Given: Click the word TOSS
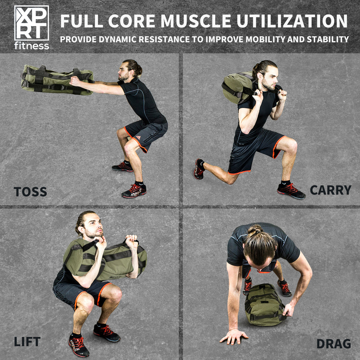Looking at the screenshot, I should (x=30, y=192).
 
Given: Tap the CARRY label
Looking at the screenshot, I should (x=330, y=190).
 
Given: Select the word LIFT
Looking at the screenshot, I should (x=27, y=341).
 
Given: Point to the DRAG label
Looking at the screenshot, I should (x=333, y=344).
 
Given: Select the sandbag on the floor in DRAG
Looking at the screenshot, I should (x=265, y=304).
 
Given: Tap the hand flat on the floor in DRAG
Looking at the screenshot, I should (x=234, y=335).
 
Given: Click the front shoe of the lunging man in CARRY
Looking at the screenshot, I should (x=291, y=190).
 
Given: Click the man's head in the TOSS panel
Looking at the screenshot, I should (x=129, y=70).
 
